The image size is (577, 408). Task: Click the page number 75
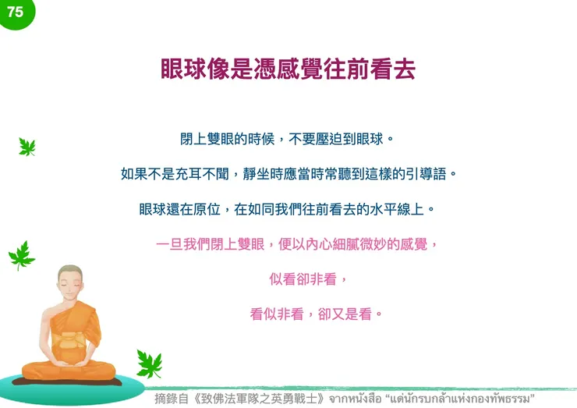pos(15,12)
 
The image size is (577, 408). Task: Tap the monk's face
pos(71,285)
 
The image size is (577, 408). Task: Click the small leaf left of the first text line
pos(27,147)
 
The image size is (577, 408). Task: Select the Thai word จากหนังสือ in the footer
pos(354,399)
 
